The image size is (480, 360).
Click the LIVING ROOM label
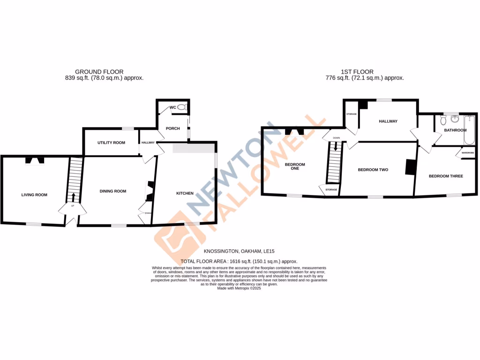pyautogui.click(x=34, y=195)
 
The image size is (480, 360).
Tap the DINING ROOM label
pyautogui.click(x=113, y=191)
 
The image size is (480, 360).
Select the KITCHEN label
pyautogui.click(x=185, y=193)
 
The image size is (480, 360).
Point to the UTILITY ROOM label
pyautogui.click(x=111, y=142)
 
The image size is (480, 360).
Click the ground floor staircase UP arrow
pyautogui.click(x=73, y=197)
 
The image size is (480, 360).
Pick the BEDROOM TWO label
pyautogui.click(x=373, y=170)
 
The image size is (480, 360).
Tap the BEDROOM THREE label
pyautogui.click(x=446, y=176)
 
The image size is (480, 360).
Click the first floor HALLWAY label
pyautogui.click(x=388, y=121)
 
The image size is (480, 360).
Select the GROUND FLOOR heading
pyautogui.click(x=99, y=72)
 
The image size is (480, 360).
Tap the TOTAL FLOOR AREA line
pyautogui.click(x=239, y=262)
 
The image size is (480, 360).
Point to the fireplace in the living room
pyautogui.click(x=35, y=160)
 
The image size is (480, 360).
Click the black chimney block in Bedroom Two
pyautogui.click(x=411, y=167)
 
